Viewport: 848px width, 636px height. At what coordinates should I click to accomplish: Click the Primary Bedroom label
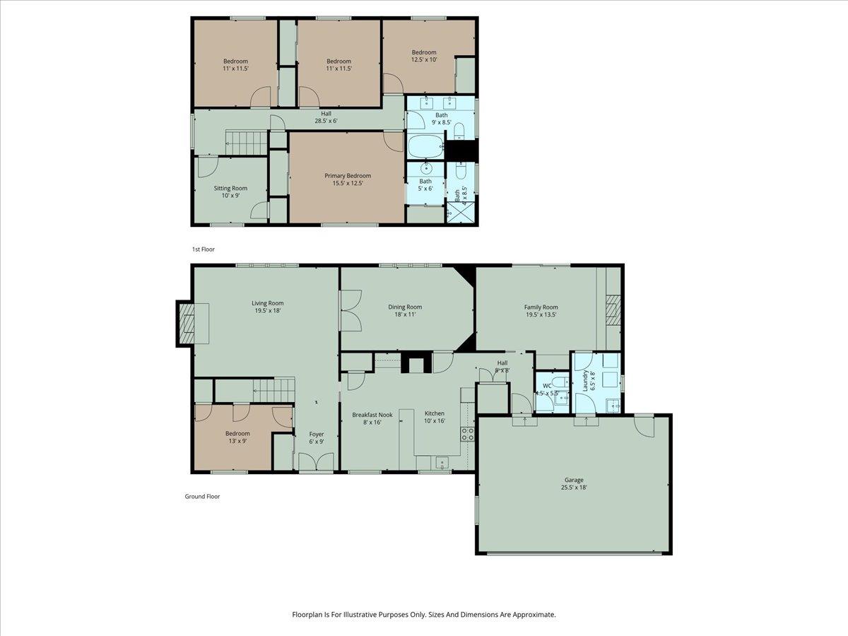click(347, 176)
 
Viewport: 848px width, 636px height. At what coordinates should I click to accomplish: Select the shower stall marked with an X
click(452, 212)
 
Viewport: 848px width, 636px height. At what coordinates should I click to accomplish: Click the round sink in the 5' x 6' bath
click(425, 169)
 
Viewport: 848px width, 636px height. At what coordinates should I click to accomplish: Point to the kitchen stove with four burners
click(467, 433)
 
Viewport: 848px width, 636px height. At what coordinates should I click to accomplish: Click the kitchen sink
click(442, 463)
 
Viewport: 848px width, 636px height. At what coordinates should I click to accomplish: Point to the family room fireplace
click(611, 308)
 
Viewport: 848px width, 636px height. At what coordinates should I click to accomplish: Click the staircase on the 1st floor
click(247, 141)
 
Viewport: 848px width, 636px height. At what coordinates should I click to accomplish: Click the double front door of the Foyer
click(315, 464)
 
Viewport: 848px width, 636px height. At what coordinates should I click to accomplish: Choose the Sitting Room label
click(230, 188)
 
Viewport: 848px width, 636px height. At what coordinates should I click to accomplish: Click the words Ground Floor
click(202, 497)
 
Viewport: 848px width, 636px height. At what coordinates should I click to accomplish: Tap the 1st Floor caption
click(203, 249)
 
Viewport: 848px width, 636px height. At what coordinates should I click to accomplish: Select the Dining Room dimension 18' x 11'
click(405, 314)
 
